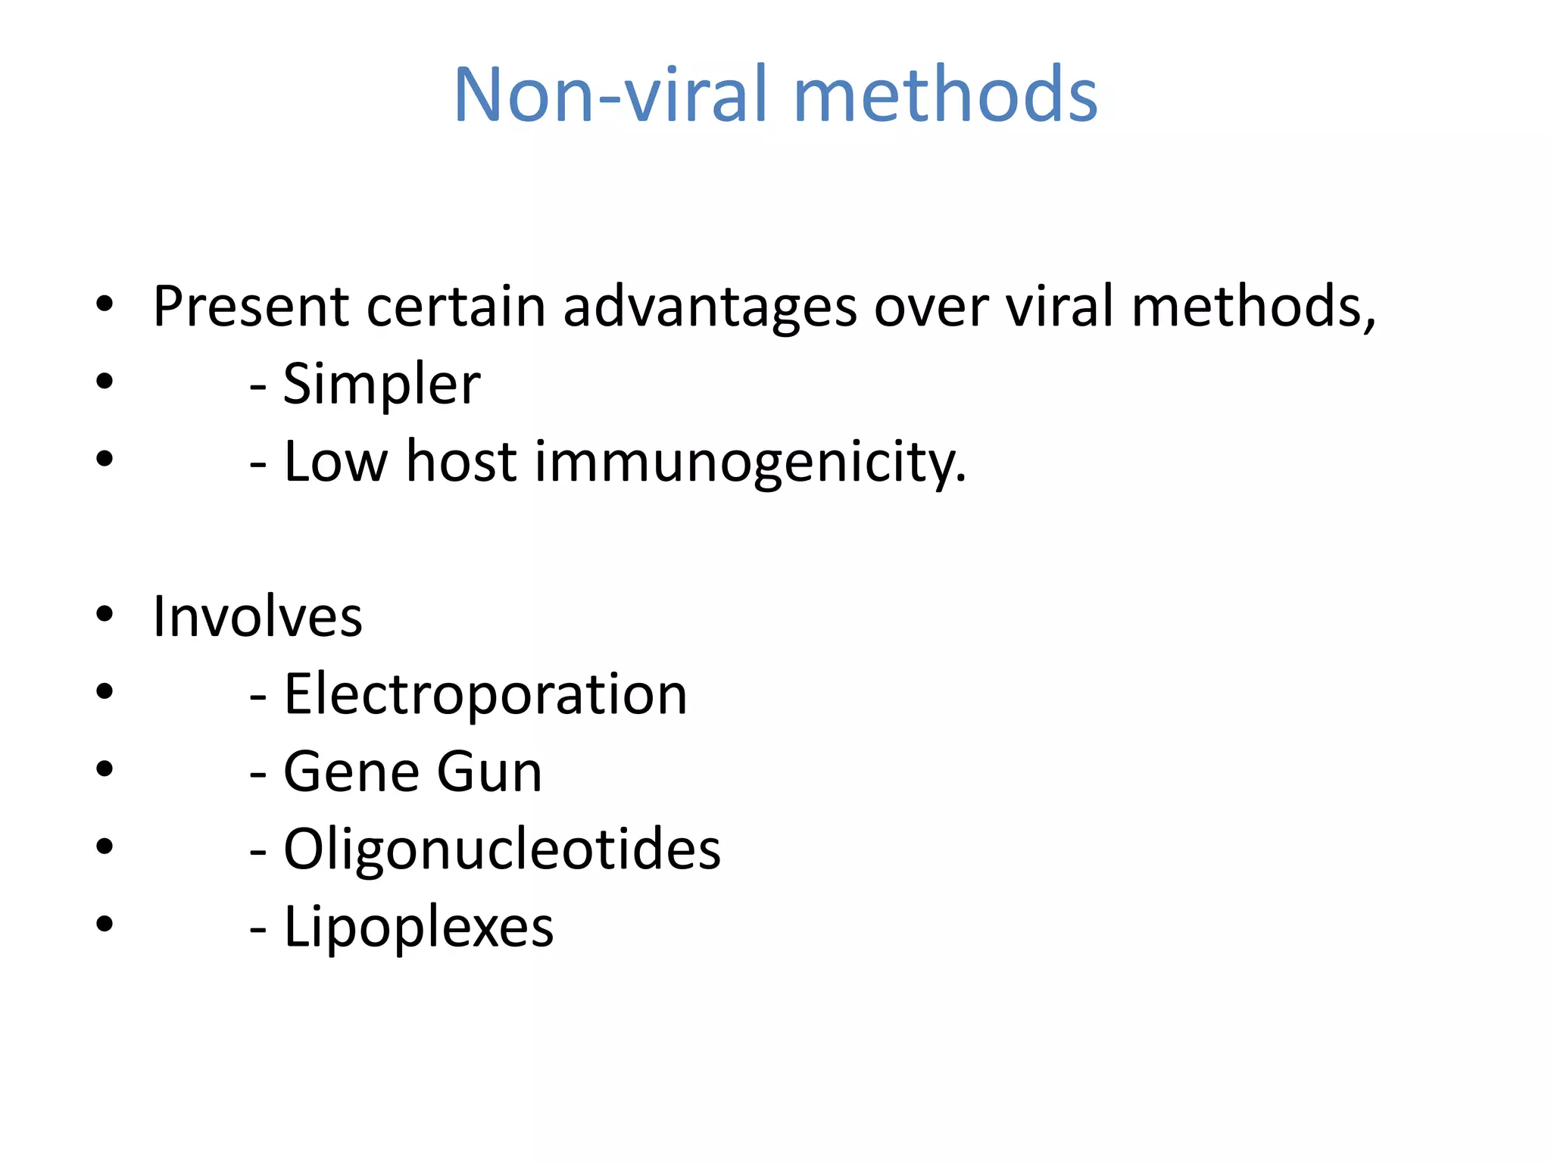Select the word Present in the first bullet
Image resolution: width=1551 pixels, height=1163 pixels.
point(251,307)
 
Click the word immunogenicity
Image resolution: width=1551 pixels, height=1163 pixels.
point(751,463)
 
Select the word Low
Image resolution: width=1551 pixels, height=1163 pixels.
point(335,461)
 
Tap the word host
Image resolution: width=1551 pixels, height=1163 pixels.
point(461,461)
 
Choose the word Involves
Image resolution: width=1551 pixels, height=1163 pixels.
point(257,617)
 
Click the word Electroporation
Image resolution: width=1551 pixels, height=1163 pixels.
point(485,694)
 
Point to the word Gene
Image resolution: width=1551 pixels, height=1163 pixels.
point(353,772)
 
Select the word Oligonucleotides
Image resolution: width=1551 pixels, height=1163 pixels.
point(502,850)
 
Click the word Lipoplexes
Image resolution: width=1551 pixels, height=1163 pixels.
point(419,928)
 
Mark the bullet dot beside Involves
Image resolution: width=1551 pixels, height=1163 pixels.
point(105,614)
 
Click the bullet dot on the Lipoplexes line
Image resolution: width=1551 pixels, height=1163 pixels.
point(105,924)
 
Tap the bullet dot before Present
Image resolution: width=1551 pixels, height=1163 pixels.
point(105,304)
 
